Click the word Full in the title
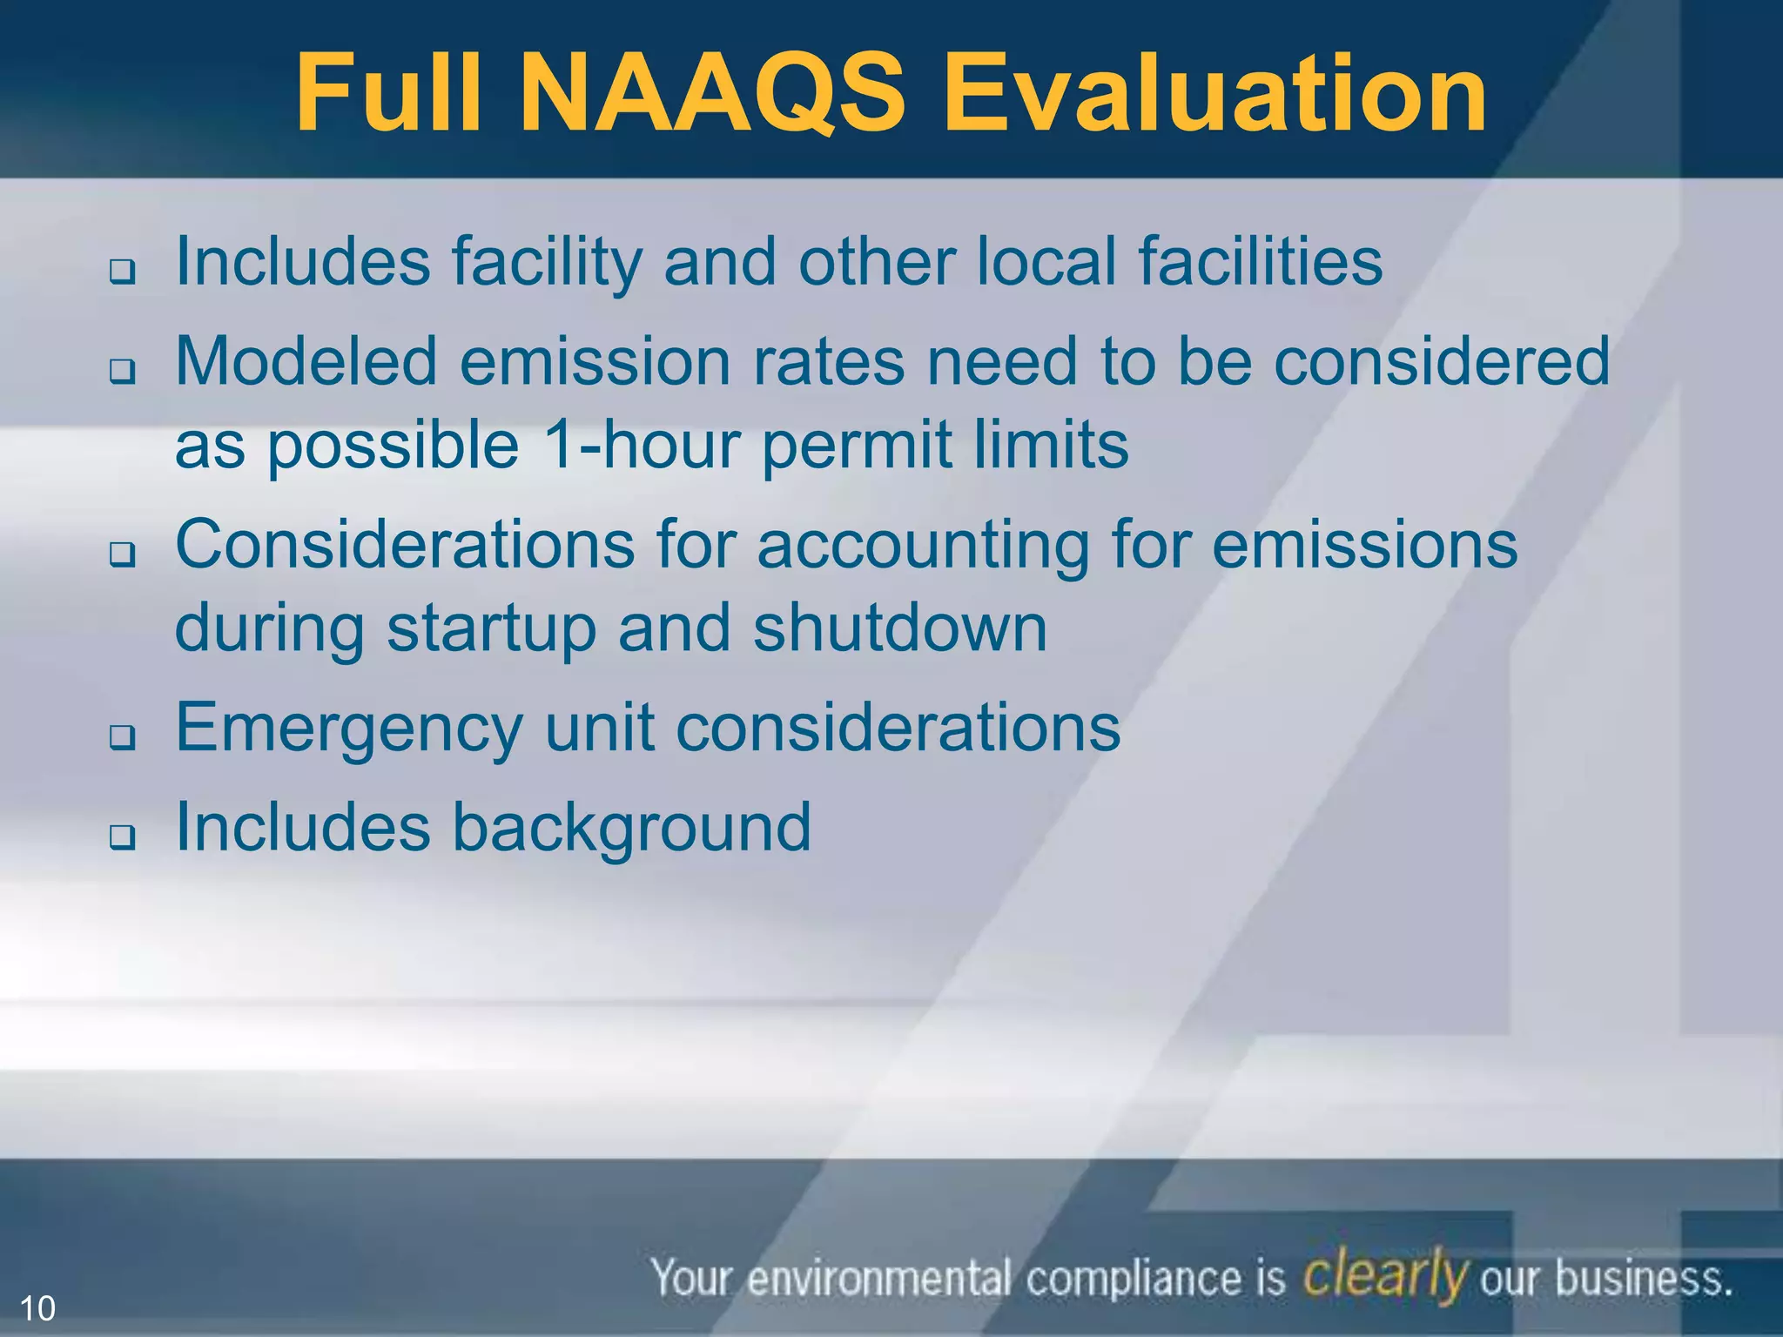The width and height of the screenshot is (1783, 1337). [x=387, y=94]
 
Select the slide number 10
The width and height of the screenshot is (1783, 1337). [x=37, y=1308]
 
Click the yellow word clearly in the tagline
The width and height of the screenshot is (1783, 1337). [x=1385, y=1276]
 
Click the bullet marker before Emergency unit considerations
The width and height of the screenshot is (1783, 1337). [x=123, y=738]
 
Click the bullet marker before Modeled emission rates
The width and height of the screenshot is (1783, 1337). [x=123, y=372]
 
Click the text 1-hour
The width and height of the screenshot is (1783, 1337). [x=639, y=445]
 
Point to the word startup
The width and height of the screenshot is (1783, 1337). [x=492, y=629]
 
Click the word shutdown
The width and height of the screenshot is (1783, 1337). [x=899, y=628]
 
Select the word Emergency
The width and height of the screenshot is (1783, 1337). [x=349, y=729]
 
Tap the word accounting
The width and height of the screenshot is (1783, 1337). [x=923, y=547]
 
